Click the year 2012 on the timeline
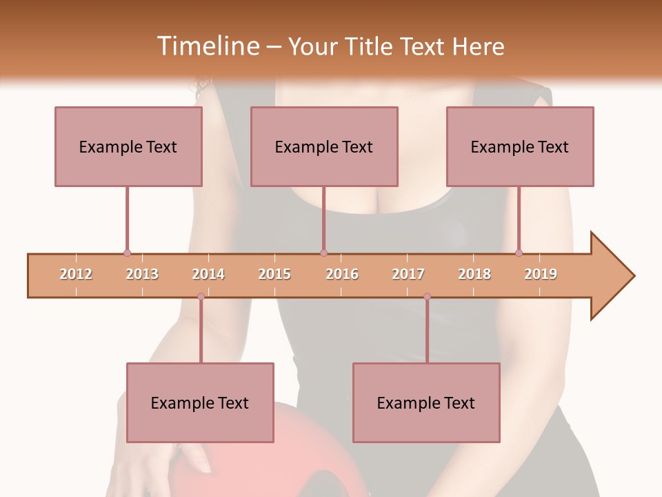coord(76,274)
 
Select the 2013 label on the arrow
coord(142,274)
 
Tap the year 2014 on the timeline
coord(208,274)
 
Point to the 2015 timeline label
coord(274,274)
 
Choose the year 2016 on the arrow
coord(342,274)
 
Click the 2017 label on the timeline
coord(408,274)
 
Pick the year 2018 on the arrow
coord(474,274)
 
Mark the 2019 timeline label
coord(541,274)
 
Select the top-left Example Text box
coord(128,146)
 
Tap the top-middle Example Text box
coord(324,146)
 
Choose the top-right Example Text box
coord(520,146)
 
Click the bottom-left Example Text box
coord(200,402)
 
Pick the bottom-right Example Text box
coord(426,402)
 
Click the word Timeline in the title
coord(207,46)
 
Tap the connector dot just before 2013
coord(127,253)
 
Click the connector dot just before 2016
coord(323,253)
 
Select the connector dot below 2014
coord(201,296)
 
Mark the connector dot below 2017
coord(427,296)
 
